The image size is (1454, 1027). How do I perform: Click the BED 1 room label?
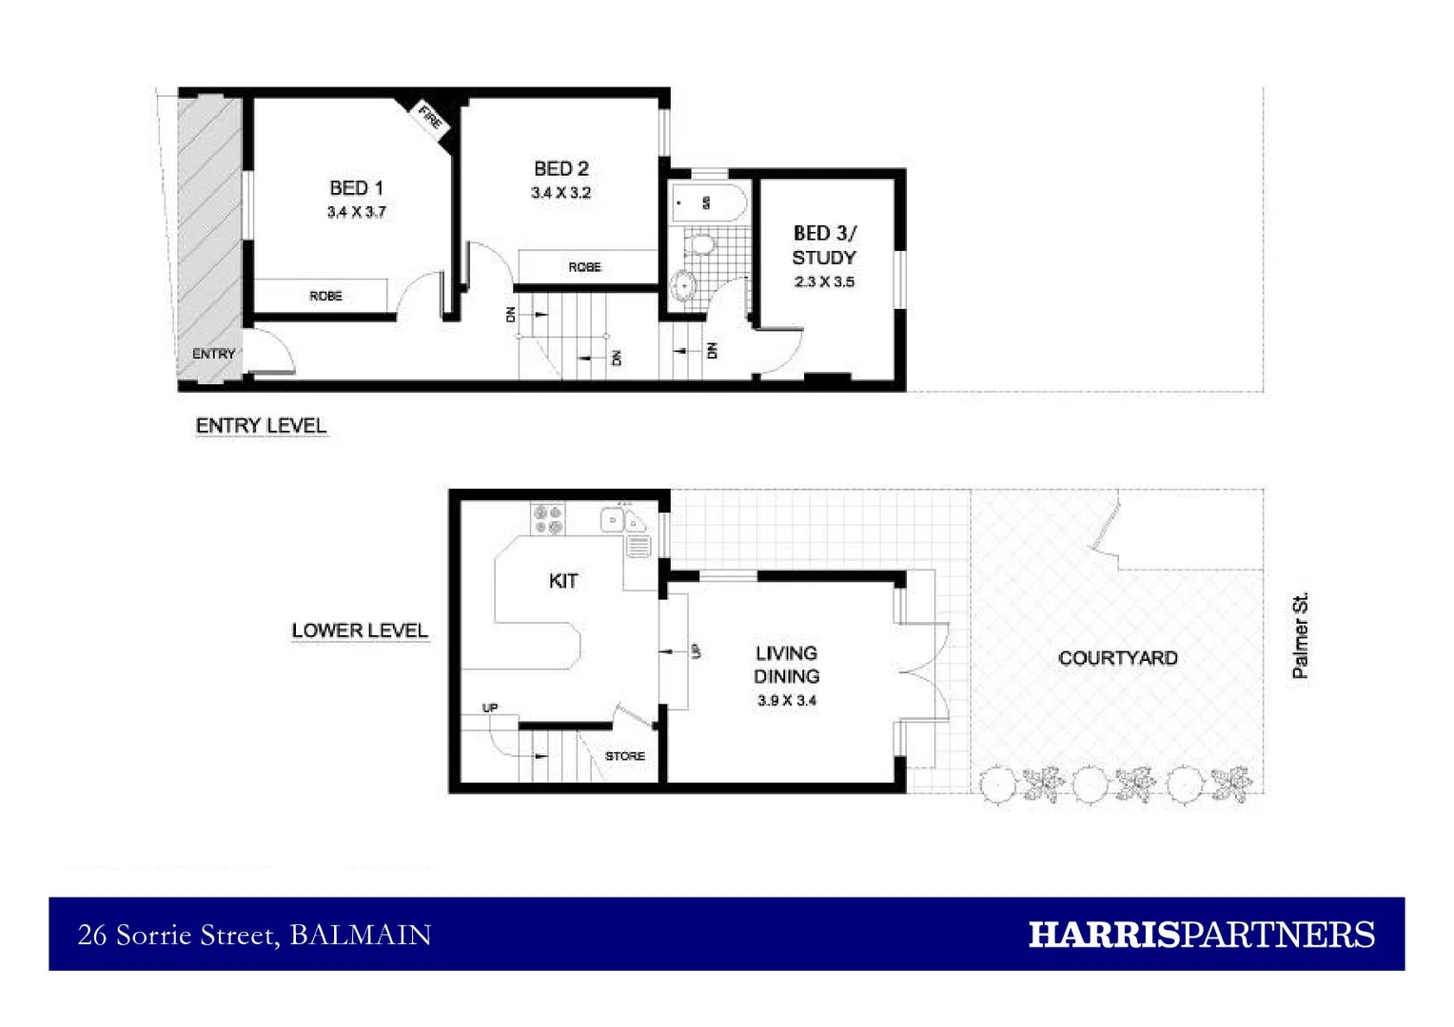356,188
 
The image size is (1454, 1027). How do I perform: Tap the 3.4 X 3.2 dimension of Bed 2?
560,193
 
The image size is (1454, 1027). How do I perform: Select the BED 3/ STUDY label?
824,245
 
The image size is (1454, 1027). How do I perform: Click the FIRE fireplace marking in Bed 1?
430,119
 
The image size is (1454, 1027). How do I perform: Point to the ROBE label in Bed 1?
325,297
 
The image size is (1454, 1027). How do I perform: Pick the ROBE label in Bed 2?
584,267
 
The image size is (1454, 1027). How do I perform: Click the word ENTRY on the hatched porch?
213,354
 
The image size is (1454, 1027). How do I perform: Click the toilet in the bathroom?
702,244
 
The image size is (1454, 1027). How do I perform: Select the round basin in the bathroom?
683,284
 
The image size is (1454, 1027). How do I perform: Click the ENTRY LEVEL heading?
261,426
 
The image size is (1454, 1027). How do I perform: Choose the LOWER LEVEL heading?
360,630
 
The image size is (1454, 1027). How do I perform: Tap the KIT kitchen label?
563,581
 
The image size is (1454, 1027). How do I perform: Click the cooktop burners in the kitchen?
548,519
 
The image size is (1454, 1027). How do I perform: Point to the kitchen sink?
623,520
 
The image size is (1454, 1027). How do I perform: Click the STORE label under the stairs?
624,756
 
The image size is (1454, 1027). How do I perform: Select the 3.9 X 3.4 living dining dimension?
787,701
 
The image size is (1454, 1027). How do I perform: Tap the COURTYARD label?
1117,658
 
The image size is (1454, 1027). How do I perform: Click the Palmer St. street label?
1300,635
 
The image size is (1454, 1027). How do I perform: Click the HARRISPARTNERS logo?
1201,935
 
